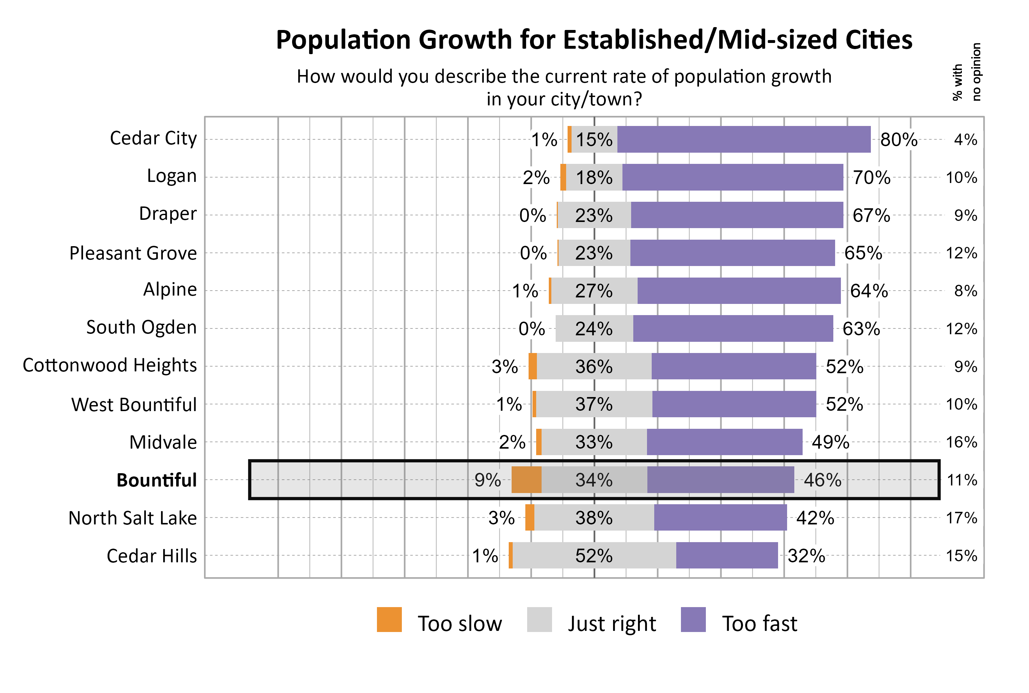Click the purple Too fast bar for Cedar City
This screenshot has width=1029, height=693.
[743, 139]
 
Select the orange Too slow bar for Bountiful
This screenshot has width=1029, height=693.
[526, 480]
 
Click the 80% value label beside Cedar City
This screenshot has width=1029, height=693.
[898, 140]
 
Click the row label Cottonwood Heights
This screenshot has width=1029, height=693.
[110, 366]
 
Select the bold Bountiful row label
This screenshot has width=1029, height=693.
[156, 480]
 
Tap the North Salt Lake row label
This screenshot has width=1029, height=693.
[132, 518]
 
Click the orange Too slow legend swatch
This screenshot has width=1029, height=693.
[389, 619]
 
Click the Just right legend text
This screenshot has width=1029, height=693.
[611, 624]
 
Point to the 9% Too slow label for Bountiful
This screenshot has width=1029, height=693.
[487, 480]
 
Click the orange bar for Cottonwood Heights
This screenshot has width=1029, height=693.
[532, 366]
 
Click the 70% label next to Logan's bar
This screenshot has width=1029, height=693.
[871, 178]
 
